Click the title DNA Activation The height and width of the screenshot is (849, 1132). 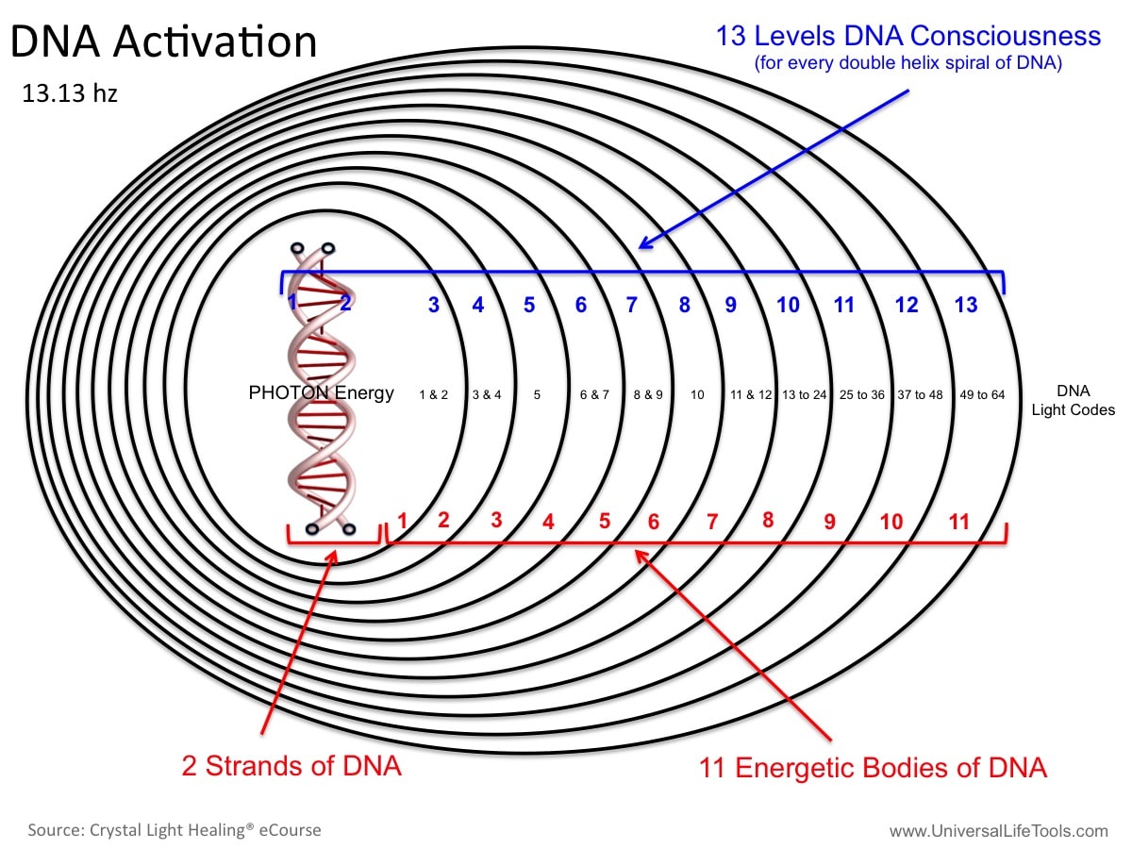click(163, 42)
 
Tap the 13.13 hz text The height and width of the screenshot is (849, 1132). click(70, 93)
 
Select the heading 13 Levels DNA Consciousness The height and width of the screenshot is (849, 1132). click(908, 36)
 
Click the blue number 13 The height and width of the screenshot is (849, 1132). click(965, 305)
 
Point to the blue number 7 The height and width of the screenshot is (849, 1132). click(632, 305)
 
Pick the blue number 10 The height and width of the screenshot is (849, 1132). click(788, 305)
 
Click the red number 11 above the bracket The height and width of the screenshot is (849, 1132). click(959, 522)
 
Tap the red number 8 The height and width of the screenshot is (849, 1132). click(768, 520)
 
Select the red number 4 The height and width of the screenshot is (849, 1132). click(548, 522)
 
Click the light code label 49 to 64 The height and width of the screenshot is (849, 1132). click(982, 395)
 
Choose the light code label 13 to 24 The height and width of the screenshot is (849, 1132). click(804, 395)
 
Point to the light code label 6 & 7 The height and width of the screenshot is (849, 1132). click(594, 395)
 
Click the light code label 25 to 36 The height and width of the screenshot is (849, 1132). click(862, 395)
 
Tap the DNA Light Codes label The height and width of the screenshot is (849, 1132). click(1074, 401)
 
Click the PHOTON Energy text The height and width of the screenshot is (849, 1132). click(321, 392)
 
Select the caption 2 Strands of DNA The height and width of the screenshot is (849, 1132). click(291, 765)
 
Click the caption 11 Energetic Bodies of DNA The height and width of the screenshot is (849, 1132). click(873, 768)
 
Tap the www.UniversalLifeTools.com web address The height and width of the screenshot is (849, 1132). click(998, 831)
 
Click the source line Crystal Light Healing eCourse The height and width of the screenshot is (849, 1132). click(175, 830)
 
